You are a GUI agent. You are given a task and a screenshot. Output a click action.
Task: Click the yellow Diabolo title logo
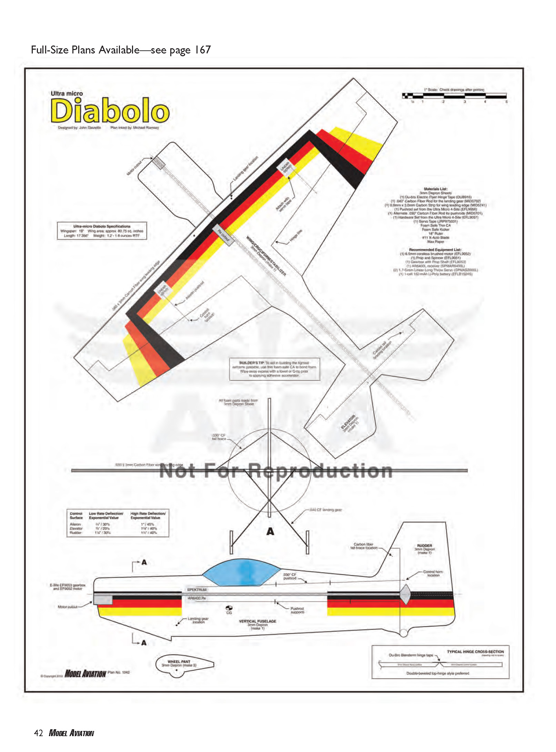[110, 110]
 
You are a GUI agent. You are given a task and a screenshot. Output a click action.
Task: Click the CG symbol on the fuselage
[229, 608]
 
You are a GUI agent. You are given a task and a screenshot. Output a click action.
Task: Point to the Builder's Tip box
[274, 369]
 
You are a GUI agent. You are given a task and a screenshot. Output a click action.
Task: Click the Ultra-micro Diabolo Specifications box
[102, 231]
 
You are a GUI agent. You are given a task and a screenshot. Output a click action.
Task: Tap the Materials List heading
[435, 189]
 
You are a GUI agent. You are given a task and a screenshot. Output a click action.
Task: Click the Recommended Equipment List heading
[435, 249]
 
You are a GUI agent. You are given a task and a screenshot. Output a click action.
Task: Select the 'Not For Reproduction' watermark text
[276, 471]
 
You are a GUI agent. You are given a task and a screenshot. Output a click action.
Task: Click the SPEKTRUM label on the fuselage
[197, 590]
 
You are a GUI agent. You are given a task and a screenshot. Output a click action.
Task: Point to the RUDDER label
[424, 546]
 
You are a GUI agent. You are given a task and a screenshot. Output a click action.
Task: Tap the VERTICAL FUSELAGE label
[257, 621]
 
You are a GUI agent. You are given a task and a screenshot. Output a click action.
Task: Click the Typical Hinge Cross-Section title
[475, 652]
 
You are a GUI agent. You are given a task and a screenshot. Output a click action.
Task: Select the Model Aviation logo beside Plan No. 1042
[85, 673]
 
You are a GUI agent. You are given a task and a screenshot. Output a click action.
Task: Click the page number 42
[38, 733]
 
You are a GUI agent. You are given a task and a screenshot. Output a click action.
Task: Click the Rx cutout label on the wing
[223, 235]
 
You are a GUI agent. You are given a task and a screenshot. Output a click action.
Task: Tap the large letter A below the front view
[270, 532]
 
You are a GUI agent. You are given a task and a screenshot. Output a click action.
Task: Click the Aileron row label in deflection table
[75, 524]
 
